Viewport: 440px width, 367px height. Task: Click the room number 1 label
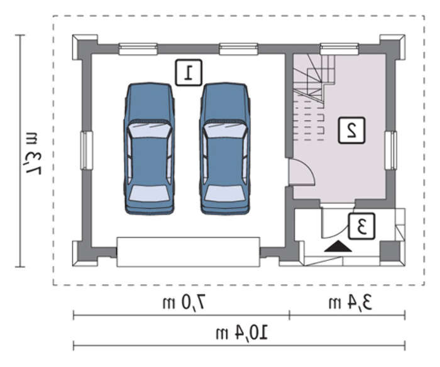coord(189,73)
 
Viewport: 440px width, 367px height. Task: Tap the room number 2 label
coord(351,130)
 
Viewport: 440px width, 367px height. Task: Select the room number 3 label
coord(361,226)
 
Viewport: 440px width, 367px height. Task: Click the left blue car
coord(150,149)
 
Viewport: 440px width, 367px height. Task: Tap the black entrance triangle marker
coord(338,247)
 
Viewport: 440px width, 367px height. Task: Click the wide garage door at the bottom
coord(189,252)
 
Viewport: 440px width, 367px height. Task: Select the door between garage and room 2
coord(302,171)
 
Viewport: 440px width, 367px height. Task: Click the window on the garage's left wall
coord(87,151)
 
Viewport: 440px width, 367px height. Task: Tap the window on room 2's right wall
coord(390,151)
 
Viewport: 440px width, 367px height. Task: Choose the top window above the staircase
coord(339,49)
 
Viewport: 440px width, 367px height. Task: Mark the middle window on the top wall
coord(238,49)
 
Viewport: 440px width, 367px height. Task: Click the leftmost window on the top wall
coord(138,49)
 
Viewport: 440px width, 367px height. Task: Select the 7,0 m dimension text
coord(185,304)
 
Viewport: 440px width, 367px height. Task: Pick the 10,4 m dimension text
coord(241,333)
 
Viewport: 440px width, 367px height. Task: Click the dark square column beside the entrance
coord(390,250)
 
